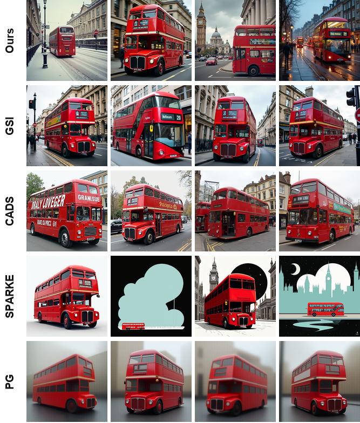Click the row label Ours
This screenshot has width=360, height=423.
(10, 40)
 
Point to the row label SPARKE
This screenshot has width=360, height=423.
(10, 296)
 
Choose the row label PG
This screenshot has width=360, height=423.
(10, 381)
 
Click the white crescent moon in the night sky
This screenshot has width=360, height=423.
(295, 269)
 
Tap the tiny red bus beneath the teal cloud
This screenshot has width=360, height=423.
(133, 326)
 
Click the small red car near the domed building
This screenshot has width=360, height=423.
(212, 61)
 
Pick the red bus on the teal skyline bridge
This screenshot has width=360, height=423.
(325, 309)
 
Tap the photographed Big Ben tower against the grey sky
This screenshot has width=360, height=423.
(201, 30)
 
